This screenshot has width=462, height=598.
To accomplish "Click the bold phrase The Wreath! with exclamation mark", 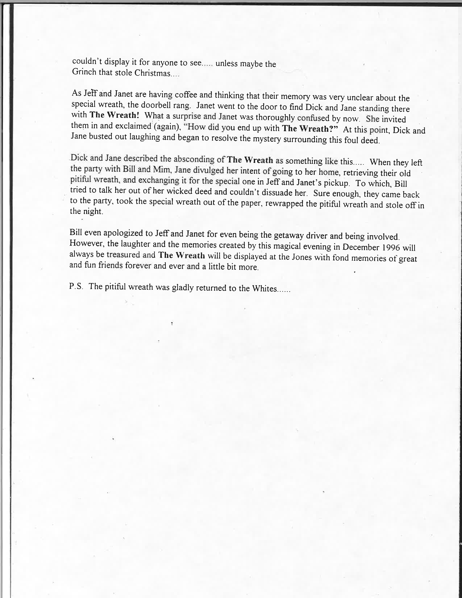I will pyautogui.click(x=114, y=115).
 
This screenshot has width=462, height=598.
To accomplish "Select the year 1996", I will pyautogui.click(x=391, y=247).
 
